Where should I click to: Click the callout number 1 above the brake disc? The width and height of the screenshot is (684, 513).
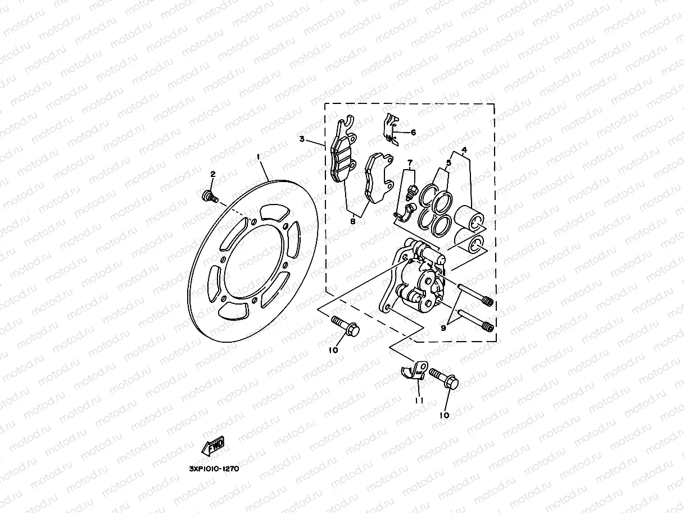click(x=258, y=157)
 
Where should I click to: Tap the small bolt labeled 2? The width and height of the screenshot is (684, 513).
click(x=209, y=196)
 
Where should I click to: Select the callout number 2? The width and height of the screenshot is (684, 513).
click(x=213, y=174)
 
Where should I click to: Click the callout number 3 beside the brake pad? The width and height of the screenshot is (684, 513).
click(x=302, y=139)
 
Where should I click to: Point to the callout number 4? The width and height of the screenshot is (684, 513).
click(x=464, y=150)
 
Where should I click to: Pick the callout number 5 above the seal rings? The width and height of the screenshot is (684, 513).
click(x=449, y=164)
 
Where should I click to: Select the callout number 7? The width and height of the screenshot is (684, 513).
click(x=410, y=162)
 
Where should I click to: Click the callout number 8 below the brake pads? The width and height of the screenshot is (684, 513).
click(x=352, y=221)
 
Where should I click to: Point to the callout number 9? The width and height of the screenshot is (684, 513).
click(x=443, y=328)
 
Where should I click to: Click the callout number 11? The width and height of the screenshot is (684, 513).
click(x=419, y=401)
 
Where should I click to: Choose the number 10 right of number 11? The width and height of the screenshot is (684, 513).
click(x=444, y=415)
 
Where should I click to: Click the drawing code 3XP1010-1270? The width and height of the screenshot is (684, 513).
click(x=214, y=469)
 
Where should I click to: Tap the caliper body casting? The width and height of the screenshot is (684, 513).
click(x=416, y=284)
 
